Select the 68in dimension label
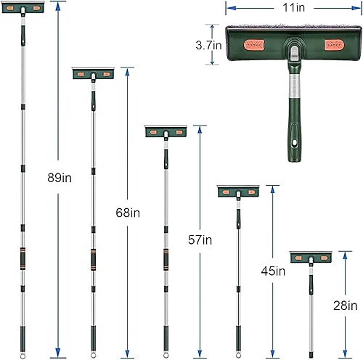(128, 213)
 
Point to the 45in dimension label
(273, 271)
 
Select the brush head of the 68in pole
(93, 74)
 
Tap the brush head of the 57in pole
(166, 131)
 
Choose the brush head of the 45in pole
(238, 191)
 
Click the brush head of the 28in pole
(311, 257)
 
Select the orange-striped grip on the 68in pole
(93, 259)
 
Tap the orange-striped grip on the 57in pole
(166, 259)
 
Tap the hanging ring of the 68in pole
(93, 354)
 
